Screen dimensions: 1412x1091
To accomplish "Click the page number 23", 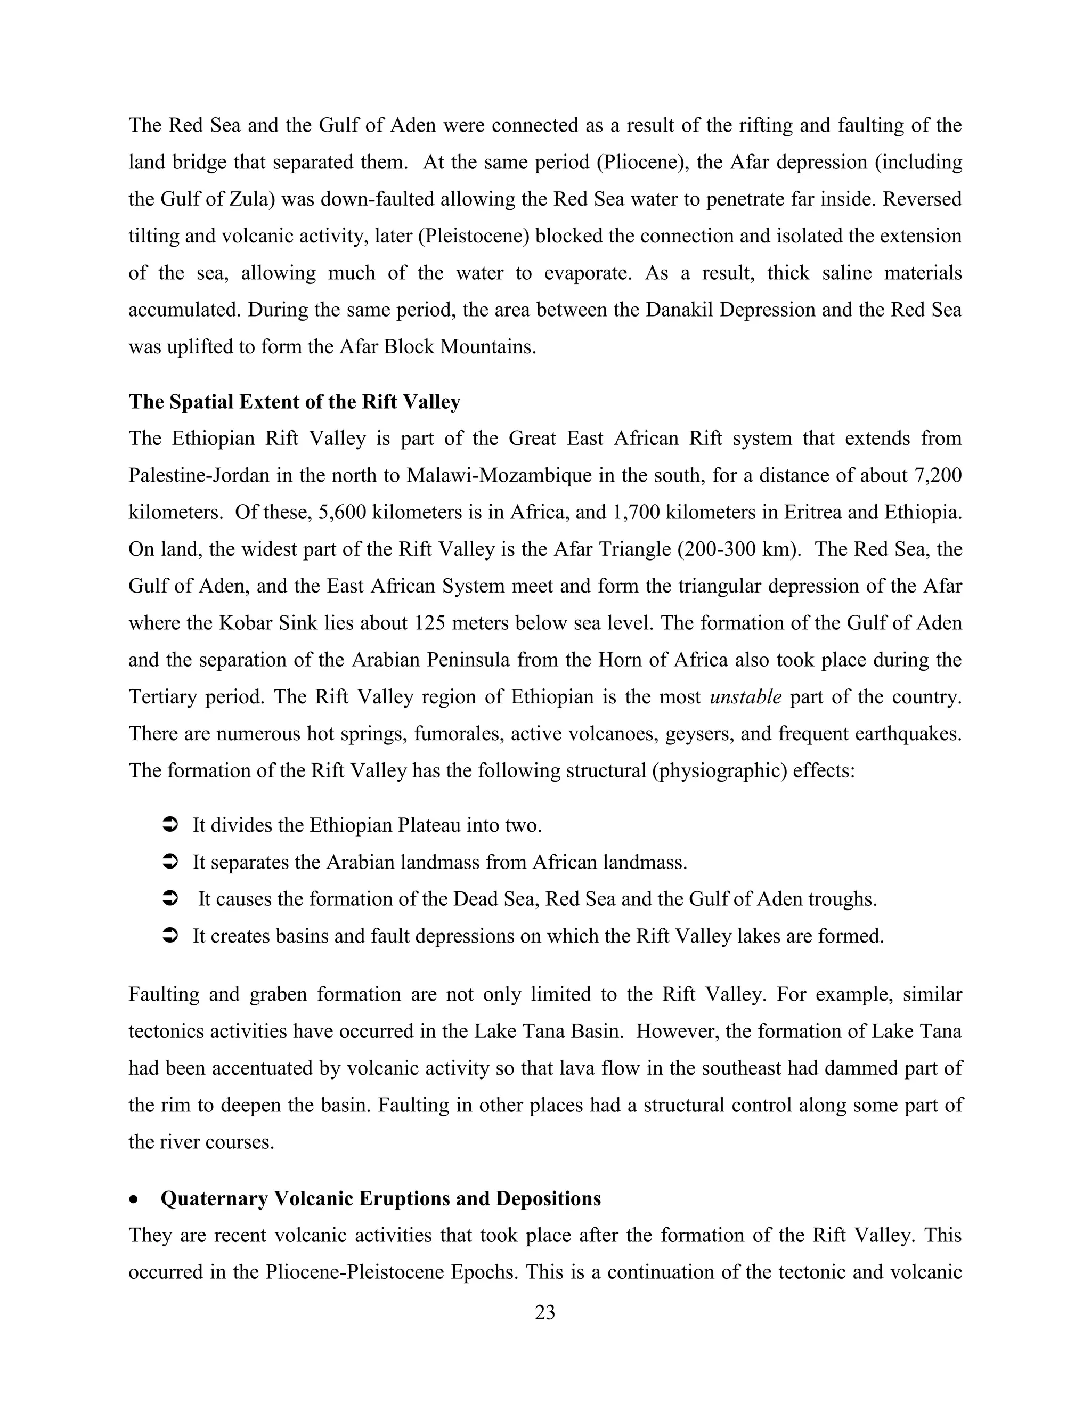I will point(545,1312).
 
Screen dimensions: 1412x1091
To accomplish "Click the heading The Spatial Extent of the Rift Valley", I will point(294,402).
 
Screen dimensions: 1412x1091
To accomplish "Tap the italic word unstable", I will point(745,697).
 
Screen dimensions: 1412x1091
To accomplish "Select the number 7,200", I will point(938,475).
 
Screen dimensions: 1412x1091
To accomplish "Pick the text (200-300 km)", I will point(739,549).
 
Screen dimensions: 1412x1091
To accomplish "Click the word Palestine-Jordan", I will point(200,475).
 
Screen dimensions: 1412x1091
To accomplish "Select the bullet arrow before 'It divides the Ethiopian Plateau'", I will point(169,825).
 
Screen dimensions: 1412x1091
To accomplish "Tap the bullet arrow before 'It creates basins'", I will point(169,936).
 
